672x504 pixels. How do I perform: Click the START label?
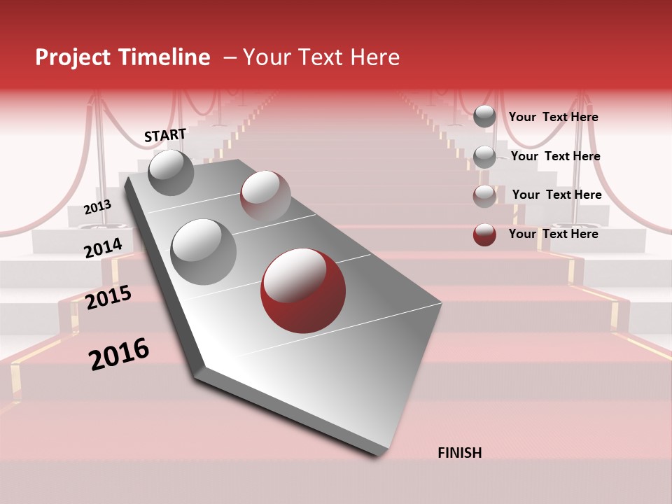(x=165, y=135)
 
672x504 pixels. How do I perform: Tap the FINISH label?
(x=459, y=453)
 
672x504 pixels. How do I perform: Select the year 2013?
(x=97, y=207)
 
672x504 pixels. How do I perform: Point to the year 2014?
(x=104, y=248)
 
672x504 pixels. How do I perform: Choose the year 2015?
(x=108, y=297)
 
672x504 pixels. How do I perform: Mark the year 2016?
(x=119, y=354)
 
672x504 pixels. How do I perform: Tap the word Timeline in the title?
(x=165, y=57)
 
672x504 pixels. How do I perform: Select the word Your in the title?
(x=266, y=57)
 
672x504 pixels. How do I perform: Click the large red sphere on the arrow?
(x=303, y=290)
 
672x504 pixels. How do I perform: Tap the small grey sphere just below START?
(x=171, y=172)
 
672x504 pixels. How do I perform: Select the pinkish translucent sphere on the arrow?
(x=265, y=196)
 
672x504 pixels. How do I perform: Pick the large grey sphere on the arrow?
(x=204, y=251)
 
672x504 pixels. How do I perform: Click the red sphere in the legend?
(x=484, y=234)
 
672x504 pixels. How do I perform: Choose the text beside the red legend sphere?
(x=553, y=234)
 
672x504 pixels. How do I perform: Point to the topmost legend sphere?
(x=484, y=116)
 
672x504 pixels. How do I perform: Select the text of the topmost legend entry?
(x=553, y=117)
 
